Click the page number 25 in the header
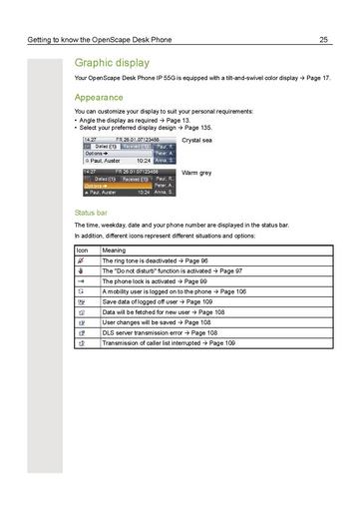click(324, 40)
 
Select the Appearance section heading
click(99, 98)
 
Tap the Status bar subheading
click(92, 214)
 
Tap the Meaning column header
click(114, 252)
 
